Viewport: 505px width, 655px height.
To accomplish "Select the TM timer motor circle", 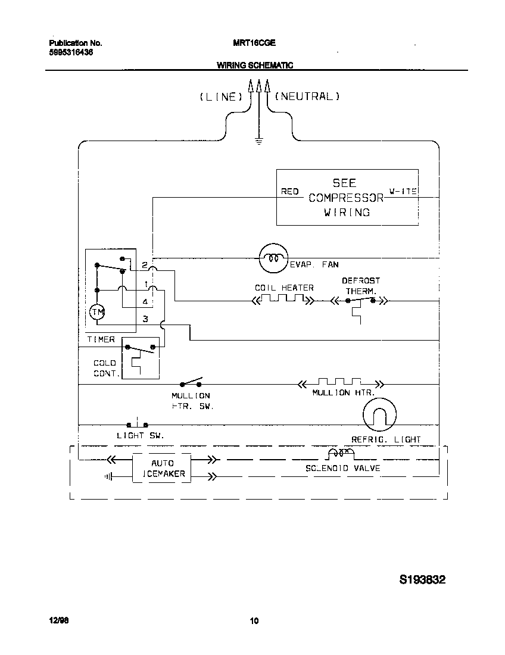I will pyautogui.click(x=96, y=311).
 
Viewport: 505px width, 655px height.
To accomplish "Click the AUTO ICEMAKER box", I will pyautogui.click(x=161, y=468).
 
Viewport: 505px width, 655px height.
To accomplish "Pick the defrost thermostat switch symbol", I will pyautogui.click(x=360, y=301).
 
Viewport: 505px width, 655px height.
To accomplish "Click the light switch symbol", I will pyautogui.click(x=138, y=425).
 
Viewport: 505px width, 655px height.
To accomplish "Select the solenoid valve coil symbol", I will pyautogui.click(x=339, y=455).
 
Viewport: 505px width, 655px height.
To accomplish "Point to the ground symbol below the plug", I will pyautogui.click(x=258, y=141).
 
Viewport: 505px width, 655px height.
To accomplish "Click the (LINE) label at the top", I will pyautogui.click(x=221, y=96).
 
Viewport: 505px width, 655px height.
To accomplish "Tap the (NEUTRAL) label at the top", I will pyautogui.click(x=307, y=96).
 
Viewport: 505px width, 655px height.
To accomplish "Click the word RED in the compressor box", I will pyautogui.click(x=289, y=191).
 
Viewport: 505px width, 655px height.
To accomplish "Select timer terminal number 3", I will pyautogui.click(x=145, y=319).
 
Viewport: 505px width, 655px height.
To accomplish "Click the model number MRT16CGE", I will pyautogui.click(x=254, y=43).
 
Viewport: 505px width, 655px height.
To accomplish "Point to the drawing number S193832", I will pyautogui.click(x=422, y=580).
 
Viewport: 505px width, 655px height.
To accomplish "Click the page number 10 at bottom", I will pyautogui.click(x=254, y=622).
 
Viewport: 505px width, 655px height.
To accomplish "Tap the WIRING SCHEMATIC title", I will pyautogui.click(x=254, y=65).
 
